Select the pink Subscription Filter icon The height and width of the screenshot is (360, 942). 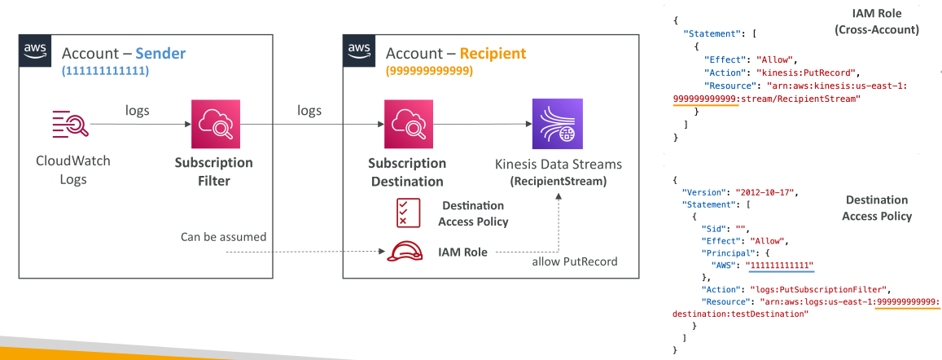pyautogui.click(x=215, y=124)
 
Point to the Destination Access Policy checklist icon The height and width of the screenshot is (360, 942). pyautogui.click(x=404, y=213)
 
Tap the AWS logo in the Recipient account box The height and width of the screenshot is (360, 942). pyautogui.click(x=359, y=50)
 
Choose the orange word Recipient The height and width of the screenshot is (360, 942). pyautogui.click(x=493, y=54)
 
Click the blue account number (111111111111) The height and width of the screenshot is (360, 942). pyautogui.click(x=105, y=71)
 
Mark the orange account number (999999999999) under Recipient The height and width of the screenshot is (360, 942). pyautogui.click(x=429, y=71)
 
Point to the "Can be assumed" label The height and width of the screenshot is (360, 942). pyautogui.click(x=223, y=237)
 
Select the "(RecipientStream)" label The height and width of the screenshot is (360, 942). pyautogui.click(x=559, y=181)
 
